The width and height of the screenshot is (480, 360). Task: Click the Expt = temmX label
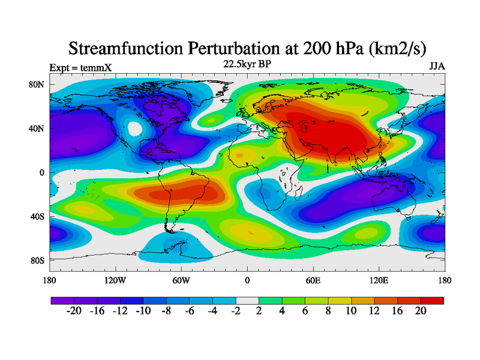coord(80,68)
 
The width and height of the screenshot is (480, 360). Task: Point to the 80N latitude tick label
coord(37,85)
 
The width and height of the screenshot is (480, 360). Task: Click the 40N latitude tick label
coord(37,128)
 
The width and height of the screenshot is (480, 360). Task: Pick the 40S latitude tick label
coord(37,216)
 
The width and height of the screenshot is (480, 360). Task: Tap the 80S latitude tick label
coord(37,260)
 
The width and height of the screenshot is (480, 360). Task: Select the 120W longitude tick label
coord(115,280)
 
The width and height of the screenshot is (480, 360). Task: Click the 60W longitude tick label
coord(181,280)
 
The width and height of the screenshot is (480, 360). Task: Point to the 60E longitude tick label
coord(313,280)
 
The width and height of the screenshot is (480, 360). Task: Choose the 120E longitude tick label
coord(379,280)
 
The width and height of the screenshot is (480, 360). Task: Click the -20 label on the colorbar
coord(73,311)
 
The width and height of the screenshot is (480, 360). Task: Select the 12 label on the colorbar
coord(374,311)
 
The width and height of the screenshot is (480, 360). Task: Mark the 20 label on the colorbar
coord(420,311)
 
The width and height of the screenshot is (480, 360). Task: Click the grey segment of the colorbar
coord(247,300)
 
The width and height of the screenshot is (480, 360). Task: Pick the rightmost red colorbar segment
coord(432,300)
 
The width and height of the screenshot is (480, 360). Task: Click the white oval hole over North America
coord(135,128)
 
